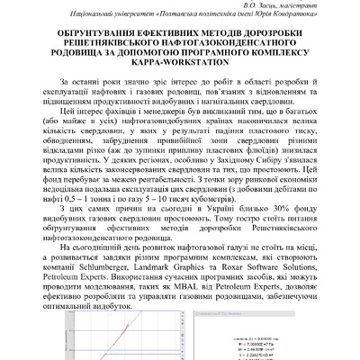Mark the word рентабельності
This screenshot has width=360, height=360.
click(x=149, y=181)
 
